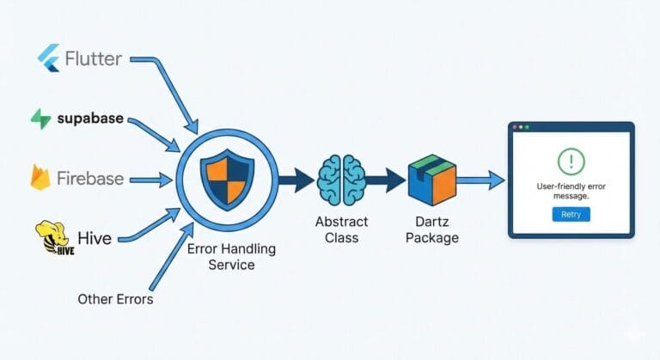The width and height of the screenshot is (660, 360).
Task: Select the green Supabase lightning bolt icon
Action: pos(40,119)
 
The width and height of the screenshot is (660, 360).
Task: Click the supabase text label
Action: pos(91,119)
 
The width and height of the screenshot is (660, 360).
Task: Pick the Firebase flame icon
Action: pos(40,178)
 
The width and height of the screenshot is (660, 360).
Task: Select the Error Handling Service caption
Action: pos(232,257)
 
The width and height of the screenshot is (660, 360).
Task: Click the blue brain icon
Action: pos(342,180)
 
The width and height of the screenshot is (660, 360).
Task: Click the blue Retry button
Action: pos(571,214)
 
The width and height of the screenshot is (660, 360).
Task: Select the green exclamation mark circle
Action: pos(571,161)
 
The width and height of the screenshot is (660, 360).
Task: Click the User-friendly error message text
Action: pos(571,192)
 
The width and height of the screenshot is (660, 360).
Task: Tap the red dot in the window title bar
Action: pos(515,127)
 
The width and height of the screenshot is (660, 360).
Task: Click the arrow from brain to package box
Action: pos(386,180)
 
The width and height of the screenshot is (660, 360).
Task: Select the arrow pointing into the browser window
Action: pos(480,180)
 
